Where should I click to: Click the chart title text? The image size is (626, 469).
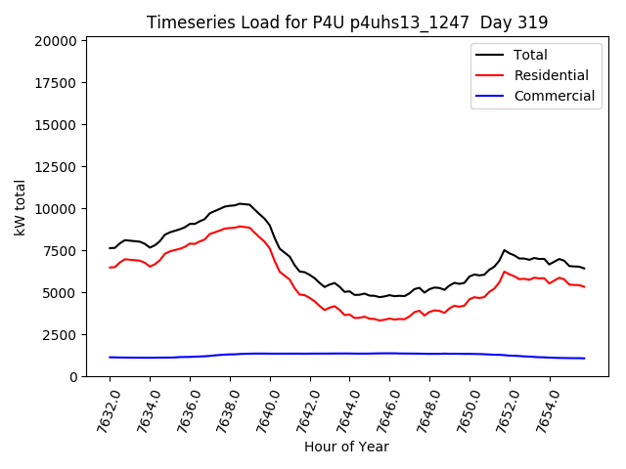(x=347, y=22)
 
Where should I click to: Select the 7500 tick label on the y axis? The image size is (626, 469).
(x=60, y=251)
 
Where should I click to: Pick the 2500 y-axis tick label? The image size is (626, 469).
(x=60, y=335)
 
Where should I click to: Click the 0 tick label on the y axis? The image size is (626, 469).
(x=72, y=377)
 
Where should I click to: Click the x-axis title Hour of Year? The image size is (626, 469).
(x=347, y=447)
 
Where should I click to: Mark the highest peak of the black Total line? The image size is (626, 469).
(x=240, y=204)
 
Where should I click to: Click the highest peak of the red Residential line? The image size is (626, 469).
(x=240, y=226)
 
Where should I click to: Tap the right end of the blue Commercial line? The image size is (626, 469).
(x=584, y=359)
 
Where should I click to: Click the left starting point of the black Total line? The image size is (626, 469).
(x=110, y=248)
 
